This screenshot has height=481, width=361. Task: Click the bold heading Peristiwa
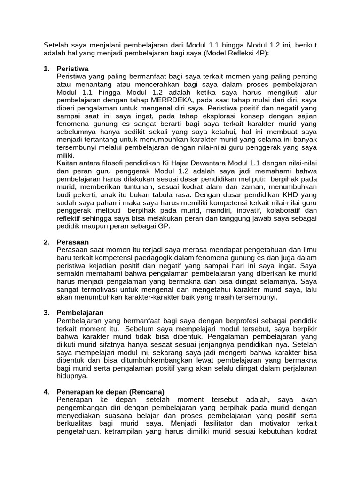72,69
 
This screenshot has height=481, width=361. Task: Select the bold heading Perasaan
72,242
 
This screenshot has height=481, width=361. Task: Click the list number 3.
47,312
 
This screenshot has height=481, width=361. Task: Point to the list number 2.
47,242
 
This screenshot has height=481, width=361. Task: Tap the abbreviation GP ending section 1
165,226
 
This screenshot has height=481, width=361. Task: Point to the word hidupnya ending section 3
72,376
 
